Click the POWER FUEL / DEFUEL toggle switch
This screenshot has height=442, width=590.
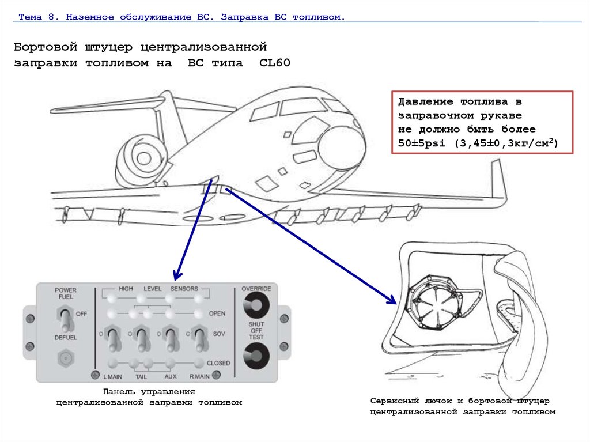pos(66,318)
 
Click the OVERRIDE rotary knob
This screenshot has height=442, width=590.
pos(252,305)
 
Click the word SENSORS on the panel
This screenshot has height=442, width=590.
pos(184,288)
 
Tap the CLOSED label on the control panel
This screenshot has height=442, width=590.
pos(218,363)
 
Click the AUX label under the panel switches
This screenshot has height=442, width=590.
pos(170,377)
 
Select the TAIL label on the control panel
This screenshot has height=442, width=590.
pos(141,377)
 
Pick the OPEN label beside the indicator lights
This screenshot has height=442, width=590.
pos(217,314)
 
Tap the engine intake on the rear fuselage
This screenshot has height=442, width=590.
pos(141,156)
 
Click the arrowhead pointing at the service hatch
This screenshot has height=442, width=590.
pos(392,300)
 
